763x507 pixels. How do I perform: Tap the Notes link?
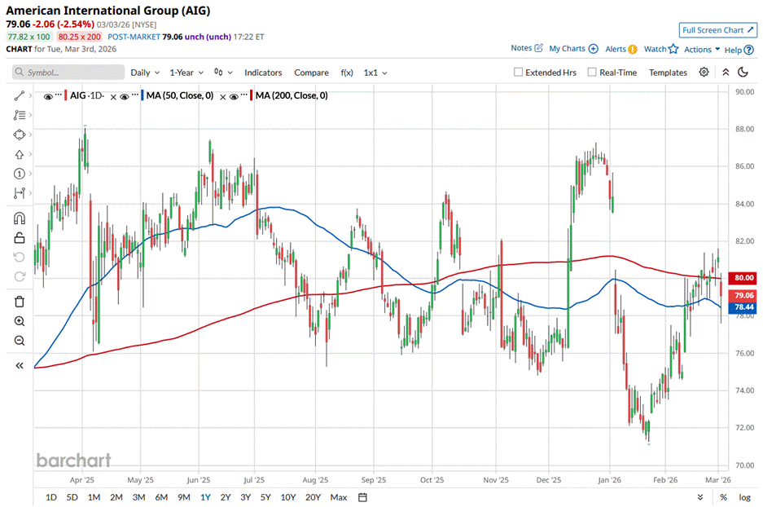coord(521,49)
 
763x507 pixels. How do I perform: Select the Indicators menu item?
coord(263,73)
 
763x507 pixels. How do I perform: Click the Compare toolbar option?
coord(311,73)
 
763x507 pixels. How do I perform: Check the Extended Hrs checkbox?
coord(519,73)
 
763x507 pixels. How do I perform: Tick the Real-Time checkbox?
coord(592,73)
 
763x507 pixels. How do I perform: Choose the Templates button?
coord(668,73)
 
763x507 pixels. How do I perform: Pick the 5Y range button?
coord(265,497)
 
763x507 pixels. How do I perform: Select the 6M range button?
coord(161,497)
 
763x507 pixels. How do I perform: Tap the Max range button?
coord(339,497)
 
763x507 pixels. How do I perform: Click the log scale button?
coord(744,497)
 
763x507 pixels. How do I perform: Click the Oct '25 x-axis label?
coord(432,481)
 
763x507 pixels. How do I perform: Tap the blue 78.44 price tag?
coord(744,307)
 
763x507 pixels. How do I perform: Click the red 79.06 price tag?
coord(744,295)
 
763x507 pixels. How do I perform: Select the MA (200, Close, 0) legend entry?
coord(292,96)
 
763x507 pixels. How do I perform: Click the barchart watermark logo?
coord(73,461)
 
